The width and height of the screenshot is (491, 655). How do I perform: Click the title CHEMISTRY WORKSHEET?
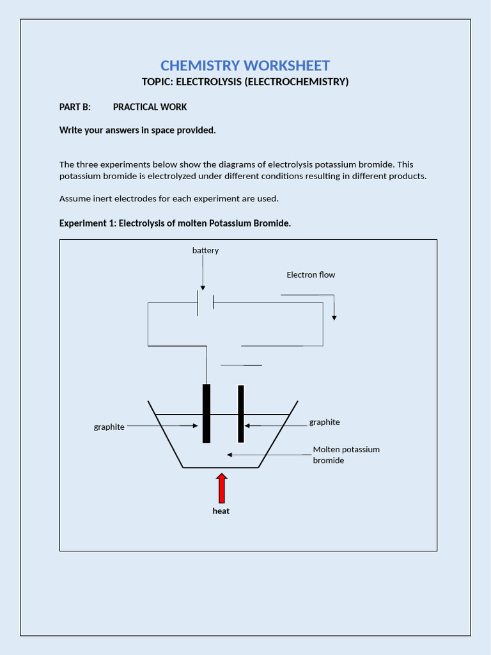245,65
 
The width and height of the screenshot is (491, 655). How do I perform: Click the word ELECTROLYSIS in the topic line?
206,82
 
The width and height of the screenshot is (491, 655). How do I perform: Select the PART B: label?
75,107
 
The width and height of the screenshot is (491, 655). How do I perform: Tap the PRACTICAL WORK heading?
150,107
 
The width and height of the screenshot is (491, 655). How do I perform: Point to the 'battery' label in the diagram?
205,250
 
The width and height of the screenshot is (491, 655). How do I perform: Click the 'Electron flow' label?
310,274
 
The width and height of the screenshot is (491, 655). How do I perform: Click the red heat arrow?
221,488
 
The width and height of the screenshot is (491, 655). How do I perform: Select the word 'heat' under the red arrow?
221,511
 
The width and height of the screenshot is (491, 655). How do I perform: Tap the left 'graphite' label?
109,427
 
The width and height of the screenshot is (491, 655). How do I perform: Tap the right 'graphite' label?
324,422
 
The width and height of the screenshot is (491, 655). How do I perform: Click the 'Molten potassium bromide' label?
345,455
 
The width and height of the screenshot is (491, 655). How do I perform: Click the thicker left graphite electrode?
206,413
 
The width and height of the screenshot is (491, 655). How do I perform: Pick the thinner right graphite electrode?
241,413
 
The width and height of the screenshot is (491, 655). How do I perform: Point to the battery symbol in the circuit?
205,303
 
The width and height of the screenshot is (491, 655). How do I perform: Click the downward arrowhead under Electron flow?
334,317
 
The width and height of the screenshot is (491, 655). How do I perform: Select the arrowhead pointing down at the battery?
203,287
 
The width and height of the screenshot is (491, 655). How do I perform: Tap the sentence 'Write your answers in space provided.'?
137,130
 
